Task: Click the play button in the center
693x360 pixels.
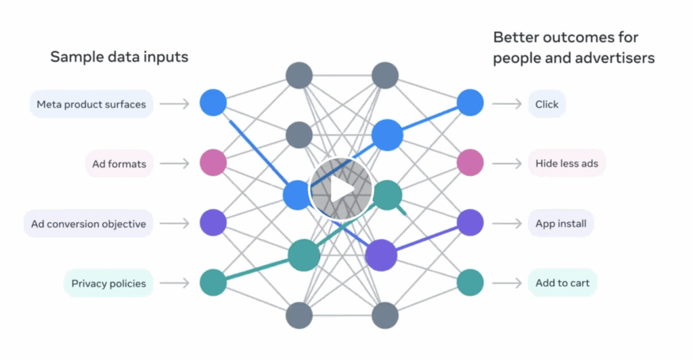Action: click(340, 190)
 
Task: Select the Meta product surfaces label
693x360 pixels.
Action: click(91, 104)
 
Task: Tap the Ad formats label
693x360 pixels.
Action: click(119, 163)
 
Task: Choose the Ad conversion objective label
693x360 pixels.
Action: click(88, 223)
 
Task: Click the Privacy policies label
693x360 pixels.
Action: click(108, 283)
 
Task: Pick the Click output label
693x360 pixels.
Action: click(546, 104)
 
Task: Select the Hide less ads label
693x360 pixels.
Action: click(566, 163)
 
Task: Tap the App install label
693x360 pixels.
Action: click(560, 223)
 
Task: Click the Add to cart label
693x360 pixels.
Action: click(562, 283)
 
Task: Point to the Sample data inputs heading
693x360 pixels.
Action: click(119, 57)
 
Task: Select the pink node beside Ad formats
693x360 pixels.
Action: click(213, 163)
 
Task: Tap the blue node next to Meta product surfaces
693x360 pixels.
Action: click(213, 104)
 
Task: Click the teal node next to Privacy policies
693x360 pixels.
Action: click(213, 283)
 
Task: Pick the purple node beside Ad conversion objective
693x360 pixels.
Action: click(213, 223)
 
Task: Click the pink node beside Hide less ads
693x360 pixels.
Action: click(470, 163)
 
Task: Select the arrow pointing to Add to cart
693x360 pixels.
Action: click(506, 283)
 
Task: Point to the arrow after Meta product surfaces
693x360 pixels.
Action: click(175, 104)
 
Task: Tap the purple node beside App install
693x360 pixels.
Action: click(470, 223)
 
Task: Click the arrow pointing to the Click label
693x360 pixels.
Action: click(506, 104)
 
